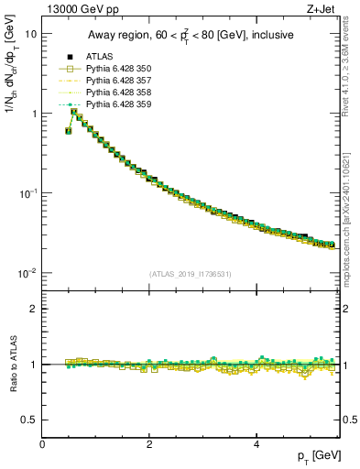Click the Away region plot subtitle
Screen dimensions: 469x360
(x=191, y=36)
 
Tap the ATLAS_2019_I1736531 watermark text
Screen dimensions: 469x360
(x=191, y=274)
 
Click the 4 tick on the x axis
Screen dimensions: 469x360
(x=256, y=444)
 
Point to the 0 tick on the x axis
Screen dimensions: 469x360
(x=42, y=444)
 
